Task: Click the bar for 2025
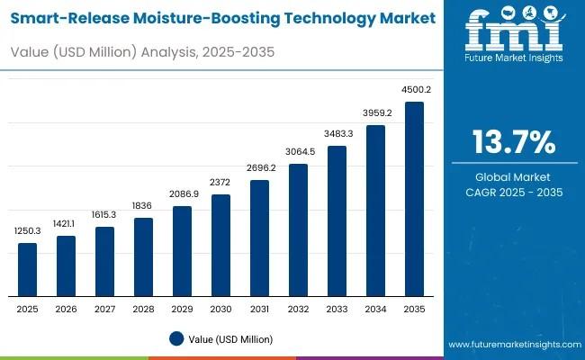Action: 28,269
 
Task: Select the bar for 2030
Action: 220,245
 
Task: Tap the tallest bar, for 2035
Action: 414,199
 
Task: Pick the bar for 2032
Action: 298,229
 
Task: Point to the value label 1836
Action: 143,205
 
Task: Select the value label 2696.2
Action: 259,167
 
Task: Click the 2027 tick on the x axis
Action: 105,308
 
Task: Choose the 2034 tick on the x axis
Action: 375,308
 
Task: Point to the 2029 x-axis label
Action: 182,308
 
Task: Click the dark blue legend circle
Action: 176,338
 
